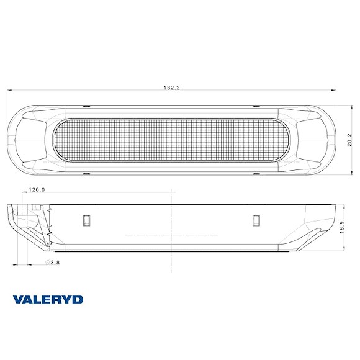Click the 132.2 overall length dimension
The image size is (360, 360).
click(171, 88)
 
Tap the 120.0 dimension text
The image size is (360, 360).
click(37, 190)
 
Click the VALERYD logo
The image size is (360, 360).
click(48, 299)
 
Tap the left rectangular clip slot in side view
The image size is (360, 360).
click(87, 219)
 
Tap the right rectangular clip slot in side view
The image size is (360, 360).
click(256, 219)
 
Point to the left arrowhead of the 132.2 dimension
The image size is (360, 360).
click(9, 91)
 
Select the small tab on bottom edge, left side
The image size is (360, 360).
click(85, 173)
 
